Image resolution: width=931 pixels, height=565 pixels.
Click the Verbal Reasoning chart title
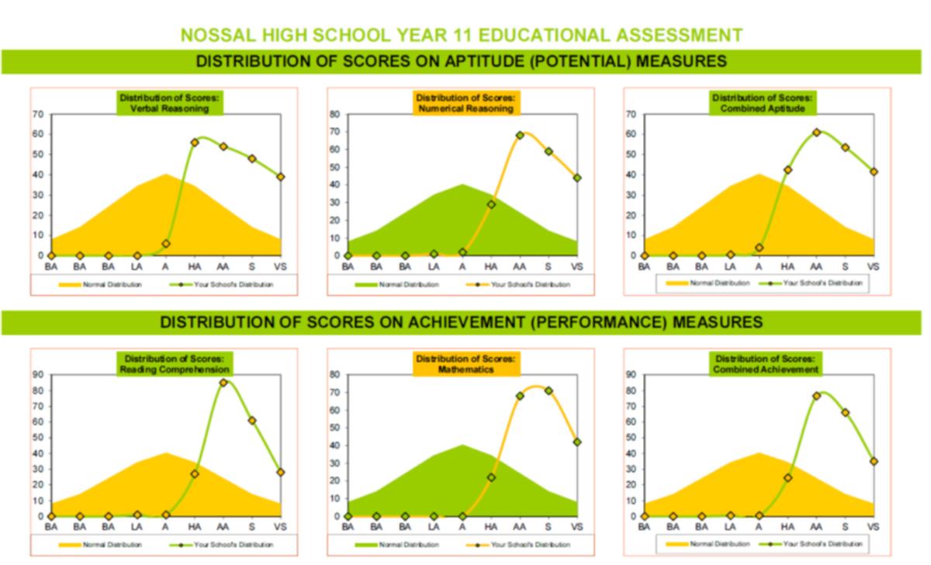pyautogui.click(x=170, y=103)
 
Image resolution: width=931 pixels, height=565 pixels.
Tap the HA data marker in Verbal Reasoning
pyautogui.click(x=195, y=143)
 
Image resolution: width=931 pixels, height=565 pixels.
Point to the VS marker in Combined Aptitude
pyautogui.click(x=874, y=172)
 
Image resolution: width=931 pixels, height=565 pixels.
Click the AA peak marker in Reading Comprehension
pyautogui.click(x=223, y=383)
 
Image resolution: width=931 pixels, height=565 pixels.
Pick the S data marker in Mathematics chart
pyautogui.click(x=549, y=390)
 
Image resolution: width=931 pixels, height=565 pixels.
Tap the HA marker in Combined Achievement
pyautogui.click(x=787, y=478)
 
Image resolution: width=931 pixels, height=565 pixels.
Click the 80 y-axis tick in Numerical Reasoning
pyautogui.click(x=335, y=114)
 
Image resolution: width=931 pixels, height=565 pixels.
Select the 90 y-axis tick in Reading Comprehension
pyautogui.click(x=38, y=375)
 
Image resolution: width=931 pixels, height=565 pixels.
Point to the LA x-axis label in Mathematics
pyautogui.click(x=434, y=527)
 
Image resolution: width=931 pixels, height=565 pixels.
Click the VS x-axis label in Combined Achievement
pyautogui.click(x=874, y=527)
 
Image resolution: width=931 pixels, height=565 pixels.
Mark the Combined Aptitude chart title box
pyautogui.click(x=763, y=103)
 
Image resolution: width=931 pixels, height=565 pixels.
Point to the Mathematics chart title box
pyautogui.click(x=465, y=364)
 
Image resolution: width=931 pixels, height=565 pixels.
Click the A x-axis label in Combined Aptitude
pyautogui.click(x=760, y=266)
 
